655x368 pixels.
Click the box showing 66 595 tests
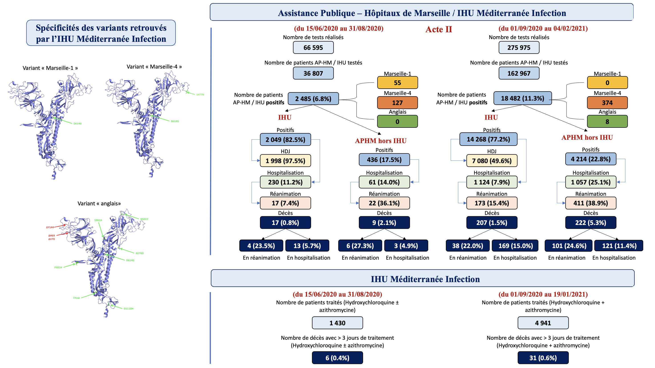point(313,48)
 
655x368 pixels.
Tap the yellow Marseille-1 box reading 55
point(397,83)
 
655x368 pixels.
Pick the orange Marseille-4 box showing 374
point(607,103)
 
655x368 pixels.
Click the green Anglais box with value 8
point(607,121)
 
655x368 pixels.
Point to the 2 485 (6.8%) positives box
point(313,99)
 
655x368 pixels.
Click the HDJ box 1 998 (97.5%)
point(285,161)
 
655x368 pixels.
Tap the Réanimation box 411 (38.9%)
point(590,203)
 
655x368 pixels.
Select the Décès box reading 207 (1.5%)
point(491,222)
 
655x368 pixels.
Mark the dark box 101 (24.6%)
point(569,246)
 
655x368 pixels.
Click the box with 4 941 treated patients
point(543,323)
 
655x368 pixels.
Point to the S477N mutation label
point(200,95)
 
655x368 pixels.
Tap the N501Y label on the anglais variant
point(144,219)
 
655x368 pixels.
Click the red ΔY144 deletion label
point(50,227)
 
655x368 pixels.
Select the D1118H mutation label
point(128,309)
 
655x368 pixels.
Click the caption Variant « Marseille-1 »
point(50,68)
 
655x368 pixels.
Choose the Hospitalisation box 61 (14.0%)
point(384,182)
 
